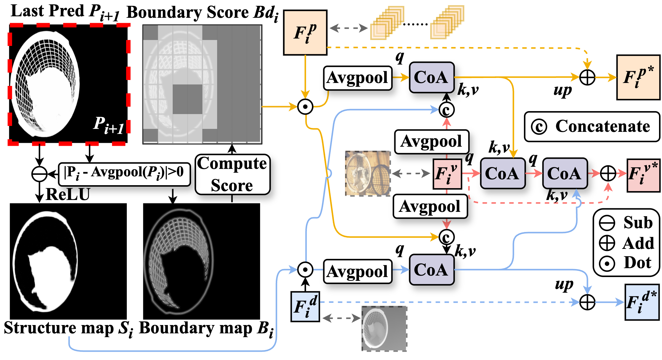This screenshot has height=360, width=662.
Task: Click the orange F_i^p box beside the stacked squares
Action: pos(305,33)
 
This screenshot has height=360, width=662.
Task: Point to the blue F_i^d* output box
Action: pos(642,302)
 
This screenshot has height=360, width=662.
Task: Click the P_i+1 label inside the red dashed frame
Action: pos(108,125)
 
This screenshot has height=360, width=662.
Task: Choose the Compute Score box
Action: pos(233,175)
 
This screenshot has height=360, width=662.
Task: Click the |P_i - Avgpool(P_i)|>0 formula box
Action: pos(124,174)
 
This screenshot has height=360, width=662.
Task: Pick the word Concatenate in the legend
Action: pos(602,127)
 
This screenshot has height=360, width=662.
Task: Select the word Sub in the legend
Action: pos(638,223)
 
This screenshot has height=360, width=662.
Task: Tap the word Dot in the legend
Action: pos(637,263)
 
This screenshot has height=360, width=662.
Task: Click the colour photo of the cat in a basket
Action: pos(367,173)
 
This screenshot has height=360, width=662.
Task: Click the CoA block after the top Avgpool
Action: pos(432,77)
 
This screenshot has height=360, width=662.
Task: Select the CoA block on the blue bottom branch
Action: pos(432,270)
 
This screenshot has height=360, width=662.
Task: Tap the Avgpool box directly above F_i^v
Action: pos(432,142)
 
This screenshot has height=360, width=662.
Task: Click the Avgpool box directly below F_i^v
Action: pos(430,207)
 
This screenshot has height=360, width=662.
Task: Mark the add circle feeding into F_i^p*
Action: pos(587,78)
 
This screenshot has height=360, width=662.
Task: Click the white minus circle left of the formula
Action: pos(39,174)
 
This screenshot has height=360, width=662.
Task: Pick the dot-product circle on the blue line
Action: pos(305,270)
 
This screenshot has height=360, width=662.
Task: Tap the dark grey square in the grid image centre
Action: pos(187,99)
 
